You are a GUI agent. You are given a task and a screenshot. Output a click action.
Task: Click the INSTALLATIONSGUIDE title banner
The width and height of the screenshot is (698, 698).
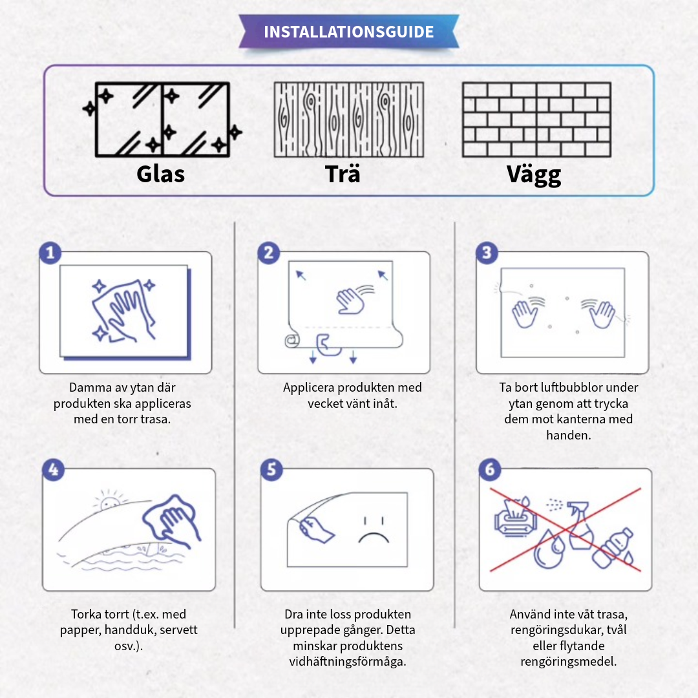tap(349, 32)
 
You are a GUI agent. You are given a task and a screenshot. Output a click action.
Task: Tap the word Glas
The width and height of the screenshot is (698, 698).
tap(161, 174)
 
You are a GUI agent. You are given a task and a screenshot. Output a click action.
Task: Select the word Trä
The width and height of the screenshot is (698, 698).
tap(343, 174)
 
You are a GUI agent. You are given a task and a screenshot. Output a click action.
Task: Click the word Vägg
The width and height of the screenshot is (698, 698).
tap(533, 175)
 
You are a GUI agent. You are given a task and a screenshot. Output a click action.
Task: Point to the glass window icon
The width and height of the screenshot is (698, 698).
tap(162, 120)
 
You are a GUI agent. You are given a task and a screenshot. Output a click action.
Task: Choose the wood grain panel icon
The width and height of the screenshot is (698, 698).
tap(349, 120)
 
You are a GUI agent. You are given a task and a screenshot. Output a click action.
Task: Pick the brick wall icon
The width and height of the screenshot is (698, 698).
tap(536, 120)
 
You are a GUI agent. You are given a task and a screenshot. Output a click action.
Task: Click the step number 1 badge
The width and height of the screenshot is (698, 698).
tap(50, 253)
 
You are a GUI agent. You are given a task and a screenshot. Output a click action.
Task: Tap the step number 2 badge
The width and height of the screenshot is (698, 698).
tap(268, 253)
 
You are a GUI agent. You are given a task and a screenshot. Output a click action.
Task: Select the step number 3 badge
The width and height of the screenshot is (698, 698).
tap(487, 253)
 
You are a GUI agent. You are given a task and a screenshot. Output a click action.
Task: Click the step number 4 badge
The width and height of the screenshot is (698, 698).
tap(53, 470)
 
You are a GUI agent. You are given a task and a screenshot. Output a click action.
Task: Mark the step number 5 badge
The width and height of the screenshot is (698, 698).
tap(271, 470)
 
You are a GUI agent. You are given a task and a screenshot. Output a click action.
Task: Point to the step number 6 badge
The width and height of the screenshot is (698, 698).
tap(490, 470)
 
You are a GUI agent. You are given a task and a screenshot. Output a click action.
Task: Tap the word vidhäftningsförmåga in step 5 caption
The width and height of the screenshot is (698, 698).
tap(348, 662)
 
